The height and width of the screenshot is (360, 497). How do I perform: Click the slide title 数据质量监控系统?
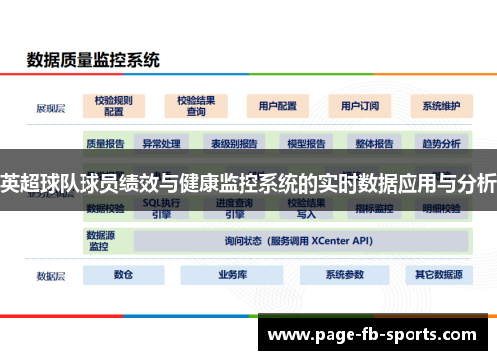tap(92, 60)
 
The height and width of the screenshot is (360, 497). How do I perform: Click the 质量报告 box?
tap(105, 144)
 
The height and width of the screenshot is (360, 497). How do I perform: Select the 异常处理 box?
tap(160, 144)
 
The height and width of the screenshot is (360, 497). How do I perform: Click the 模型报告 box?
tap(306, 144)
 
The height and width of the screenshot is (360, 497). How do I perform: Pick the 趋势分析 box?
tap(441, 144)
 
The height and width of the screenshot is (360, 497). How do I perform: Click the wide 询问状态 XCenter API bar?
tap(298, 241)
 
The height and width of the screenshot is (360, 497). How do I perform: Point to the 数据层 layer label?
tap(50, 275)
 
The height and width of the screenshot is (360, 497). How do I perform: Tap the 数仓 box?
tap(123, 275)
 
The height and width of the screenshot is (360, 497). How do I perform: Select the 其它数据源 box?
tap(438, 275)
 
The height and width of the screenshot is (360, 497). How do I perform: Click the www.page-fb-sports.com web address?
tap(377, 333)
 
